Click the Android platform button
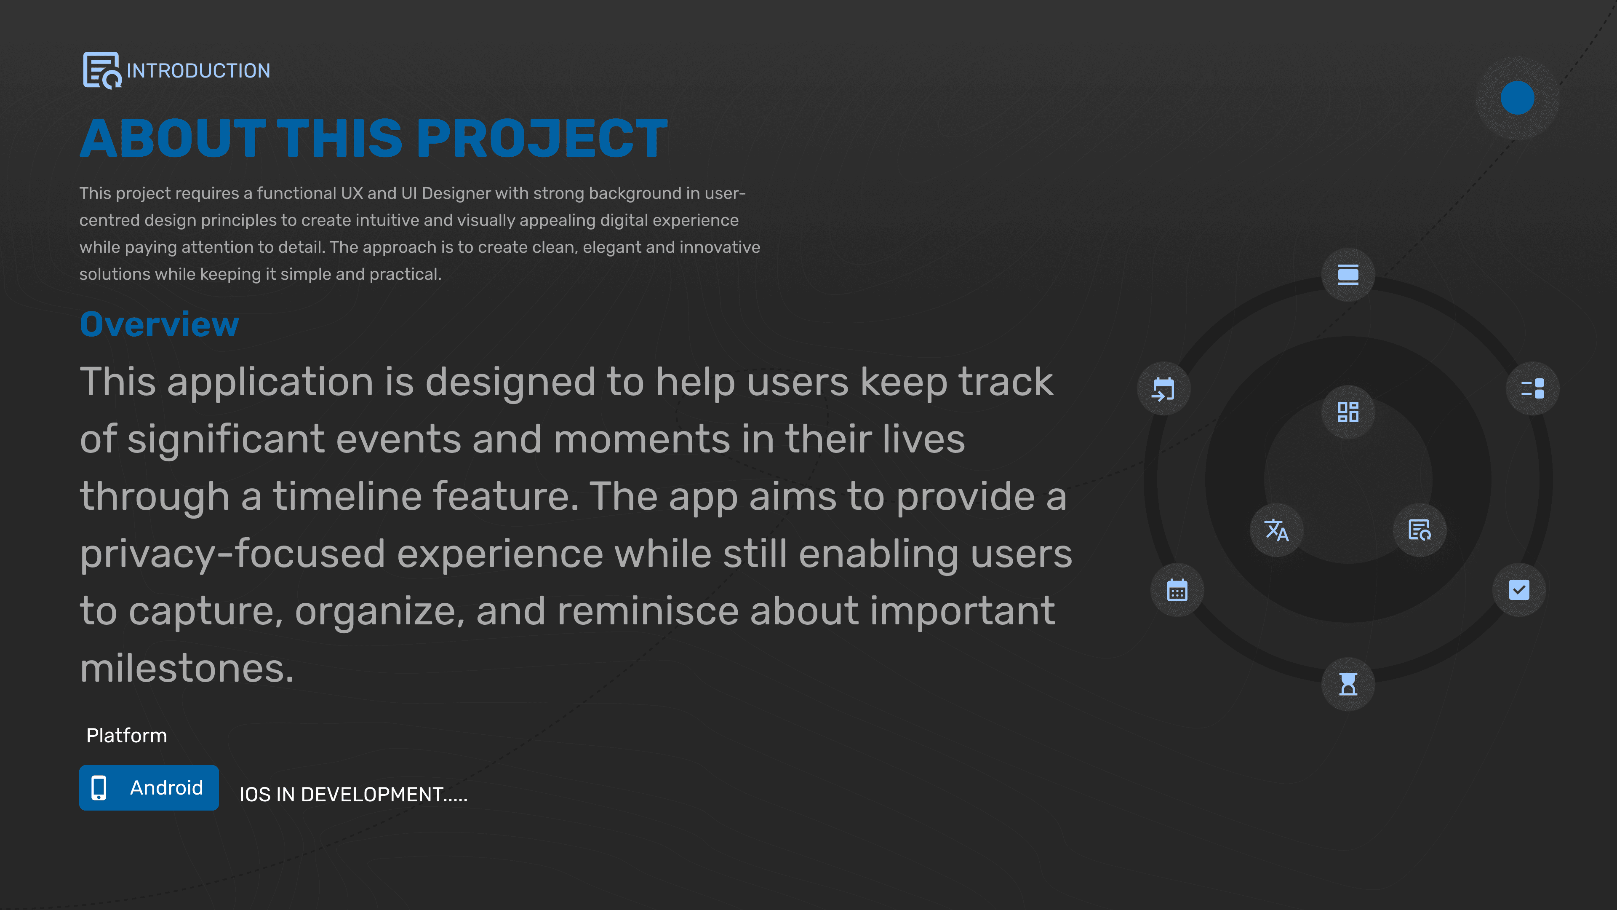click(x=149, y=787)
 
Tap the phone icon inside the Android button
click(x=99, y=787)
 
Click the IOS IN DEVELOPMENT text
click(x=353, y=795)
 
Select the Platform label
click(x=127, y=736)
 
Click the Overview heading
click(x=160, y=325)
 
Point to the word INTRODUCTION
click(x=198, y=70)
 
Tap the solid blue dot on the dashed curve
click(x=1517, y=98)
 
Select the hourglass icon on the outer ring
click(x=1348, y=684)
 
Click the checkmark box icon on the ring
click(x=1519, y=590)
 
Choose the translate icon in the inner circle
click(x=1277, y=530)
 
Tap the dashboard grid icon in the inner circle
click(x=1348, y=412)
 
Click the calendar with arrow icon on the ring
click(x=1163, y=389)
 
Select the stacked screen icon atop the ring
click(x=1348, y=274)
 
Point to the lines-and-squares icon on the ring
click(x=1532, y=388)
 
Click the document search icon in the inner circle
click(x=1420, y=530)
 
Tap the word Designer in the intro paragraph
click(x=456, y=193)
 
